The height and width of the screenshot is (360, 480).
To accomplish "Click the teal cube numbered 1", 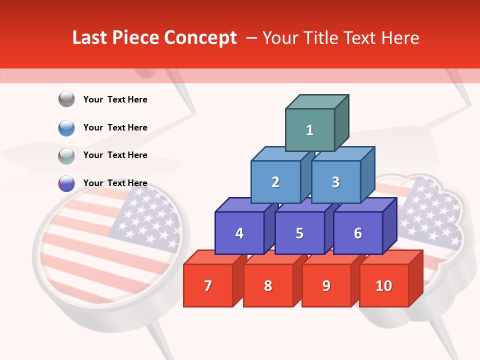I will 310,130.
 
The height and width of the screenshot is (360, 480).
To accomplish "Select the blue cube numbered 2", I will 275,182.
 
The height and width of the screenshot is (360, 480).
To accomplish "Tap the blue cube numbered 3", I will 335,182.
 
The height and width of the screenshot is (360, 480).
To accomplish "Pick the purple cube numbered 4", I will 239,233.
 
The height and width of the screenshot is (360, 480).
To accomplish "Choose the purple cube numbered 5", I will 299,233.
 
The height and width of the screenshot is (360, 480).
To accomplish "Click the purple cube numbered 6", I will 358,233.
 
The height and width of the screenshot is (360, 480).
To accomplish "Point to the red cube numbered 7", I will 208,285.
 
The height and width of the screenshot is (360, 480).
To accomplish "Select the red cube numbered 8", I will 268,285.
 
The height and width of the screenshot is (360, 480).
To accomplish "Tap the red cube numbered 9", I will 326,285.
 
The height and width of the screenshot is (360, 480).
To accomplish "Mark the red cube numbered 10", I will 383,285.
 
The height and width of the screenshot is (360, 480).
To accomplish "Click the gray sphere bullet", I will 66,99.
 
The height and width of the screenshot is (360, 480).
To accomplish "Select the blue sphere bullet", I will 66,127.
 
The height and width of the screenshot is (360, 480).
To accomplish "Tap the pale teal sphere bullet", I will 66,155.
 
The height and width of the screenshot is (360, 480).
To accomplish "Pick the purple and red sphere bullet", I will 66,183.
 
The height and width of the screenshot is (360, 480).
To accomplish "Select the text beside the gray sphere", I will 115,99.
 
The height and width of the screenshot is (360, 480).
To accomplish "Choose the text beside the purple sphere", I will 115,183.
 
